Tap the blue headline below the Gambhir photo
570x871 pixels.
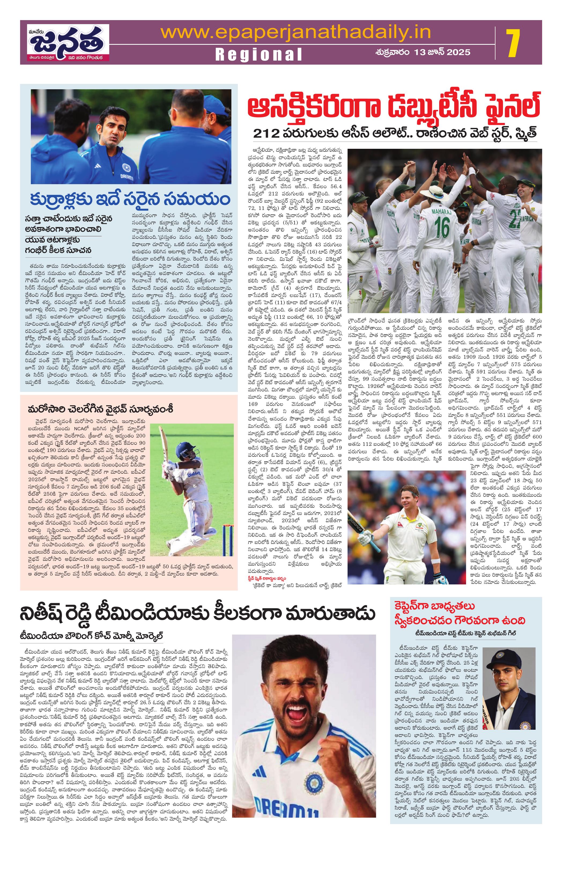click(130, 199)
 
